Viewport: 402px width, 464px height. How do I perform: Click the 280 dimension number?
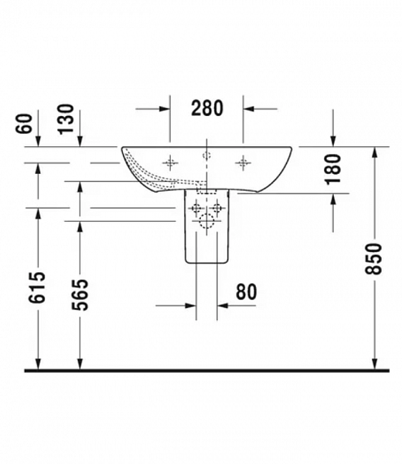coord(206,107)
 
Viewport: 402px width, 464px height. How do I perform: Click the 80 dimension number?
coord(246,292)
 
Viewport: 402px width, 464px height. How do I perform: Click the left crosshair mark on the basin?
coord(170,162)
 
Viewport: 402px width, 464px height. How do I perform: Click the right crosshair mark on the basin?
coord(244,162)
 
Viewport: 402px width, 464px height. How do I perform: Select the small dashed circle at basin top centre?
coord(206,155)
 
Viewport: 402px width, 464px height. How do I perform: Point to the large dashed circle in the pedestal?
coord(206,223)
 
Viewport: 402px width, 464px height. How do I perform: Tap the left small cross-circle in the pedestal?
coord(196,207)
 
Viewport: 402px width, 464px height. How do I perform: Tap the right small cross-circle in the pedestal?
coord(217,207)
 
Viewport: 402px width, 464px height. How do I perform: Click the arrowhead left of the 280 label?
coord(165,108)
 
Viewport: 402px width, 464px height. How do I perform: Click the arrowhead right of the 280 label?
coord(249,108)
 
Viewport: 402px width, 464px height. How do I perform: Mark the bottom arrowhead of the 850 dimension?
coord(375,364)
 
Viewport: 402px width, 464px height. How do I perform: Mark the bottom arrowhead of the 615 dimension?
coord(37,364)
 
